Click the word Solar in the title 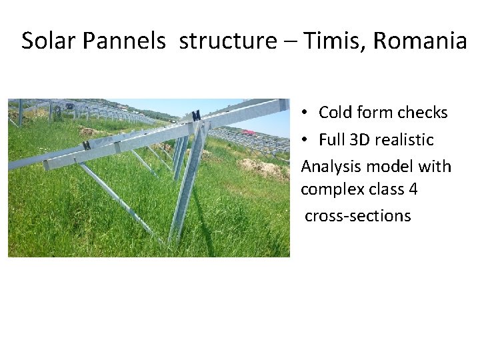pos(49,41)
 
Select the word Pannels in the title pos(124,41)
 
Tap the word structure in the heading pos(227,41)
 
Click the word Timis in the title pos(335,41)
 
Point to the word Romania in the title pos(420,41)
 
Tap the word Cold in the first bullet pos(335,113)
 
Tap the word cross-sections pos(359,215)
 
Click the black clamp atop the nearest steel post pos(196,115)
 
